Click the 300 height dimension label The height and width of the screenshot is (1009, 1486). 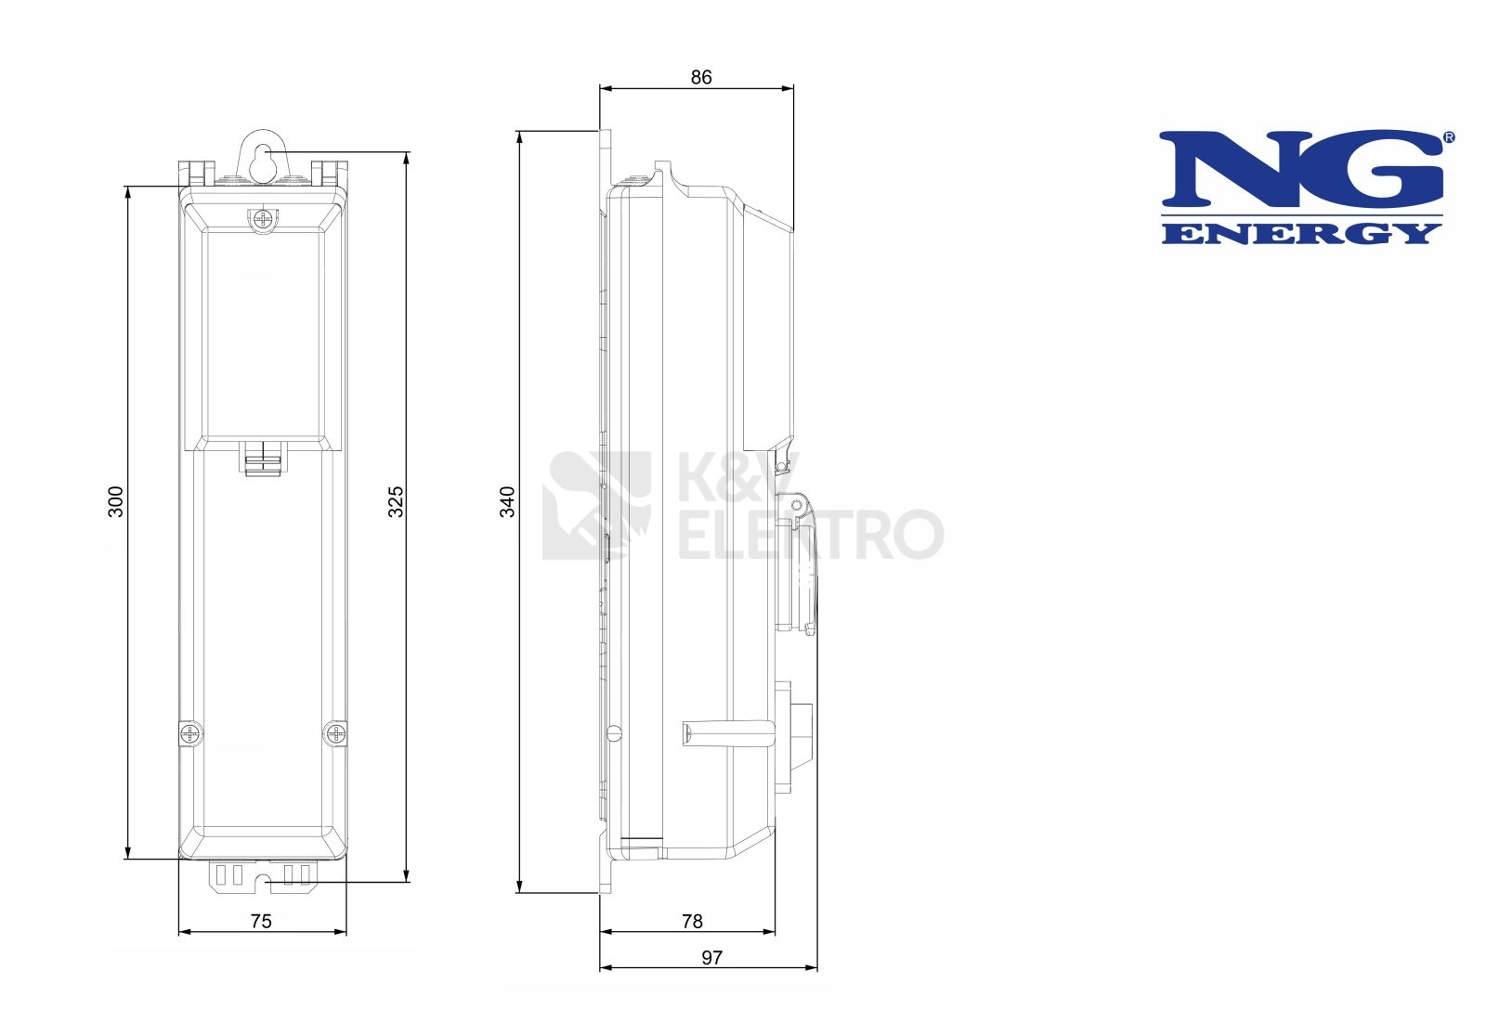point(115,501)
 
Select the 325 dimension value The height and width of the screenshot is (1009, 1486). point(396,501)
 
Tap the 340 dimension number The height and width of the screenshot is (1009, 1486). point(507,501)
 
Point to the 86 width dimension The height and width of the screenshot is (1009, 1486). point(700,78)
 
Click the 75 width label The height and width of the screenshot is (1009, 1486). point(261,921)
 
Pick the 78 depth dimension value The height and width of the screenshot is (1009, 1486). point(692,921)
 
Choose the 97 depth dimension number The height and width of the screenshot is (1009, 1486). point(711,957)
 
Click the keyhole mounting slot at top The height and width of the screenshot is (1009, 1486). point(264,159)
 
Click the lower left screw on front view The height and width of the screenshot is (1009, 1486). point(191,733)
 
